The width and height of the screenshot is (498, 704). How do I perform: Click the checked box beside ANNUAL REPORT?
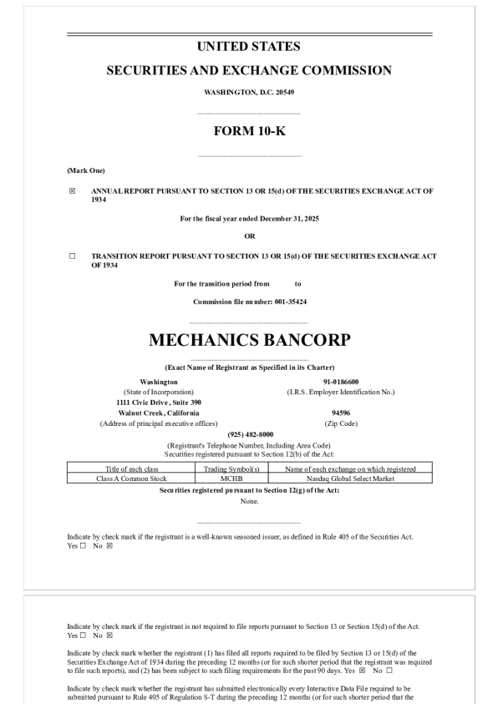(72, 191)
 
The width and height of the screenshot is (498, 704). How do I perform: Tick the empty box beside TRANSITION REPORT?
(72, 256)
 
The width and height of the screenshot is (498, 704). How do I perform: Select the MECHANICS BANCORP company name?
(249, 340)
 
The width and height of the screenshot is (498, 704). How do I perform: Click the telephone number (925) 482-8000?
(249, 434)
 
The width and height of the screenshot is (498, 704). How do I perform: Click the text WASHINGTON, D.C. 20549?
(249, 92)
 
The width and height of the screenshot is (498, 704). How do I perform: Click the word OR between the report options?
(249, 236)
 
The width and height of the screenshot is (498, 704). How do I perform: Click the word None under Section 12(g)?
(249, 501)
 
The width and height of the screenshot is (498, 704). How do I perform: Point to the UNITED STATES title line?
(249, 47)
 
